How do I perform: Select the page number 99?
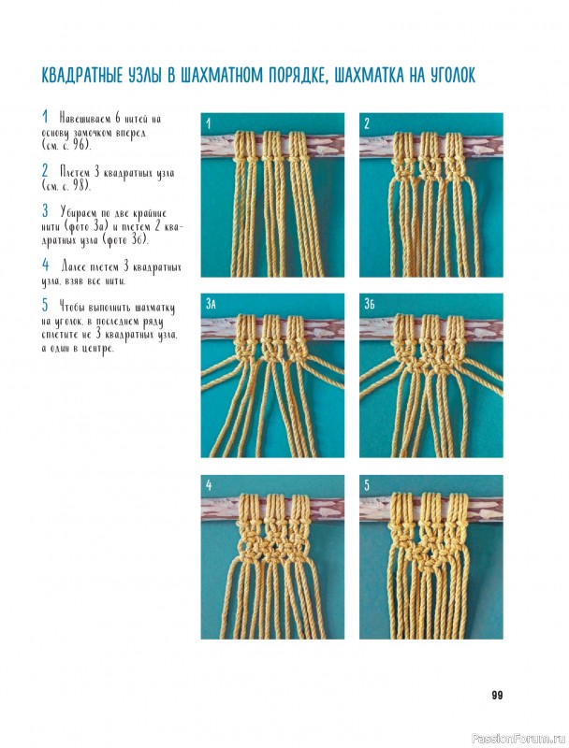tap(497, 695)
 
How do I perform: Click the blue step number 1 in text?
tap(45, 116)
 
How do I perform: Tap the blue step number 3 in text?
tap(45, 209)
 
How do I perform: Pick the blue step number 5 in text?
tap(45, 304)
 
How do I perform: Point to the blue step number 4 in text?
tap(45, 264)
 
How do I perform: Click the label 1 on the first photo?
tap(208, 124)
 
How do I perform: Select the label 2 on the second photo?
tap(367, 124)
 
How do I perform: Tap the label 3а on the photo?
tap(211, 304)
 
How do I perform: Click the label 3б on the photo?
tap(369, 304)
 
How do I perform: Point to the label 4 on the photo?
tap(209, 485)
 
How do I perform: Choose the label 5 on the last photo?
tap(367, 485)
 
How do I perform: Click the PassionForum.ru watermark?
tap(511, 739)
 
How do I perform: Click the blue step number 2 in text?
tap(45, 170)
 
